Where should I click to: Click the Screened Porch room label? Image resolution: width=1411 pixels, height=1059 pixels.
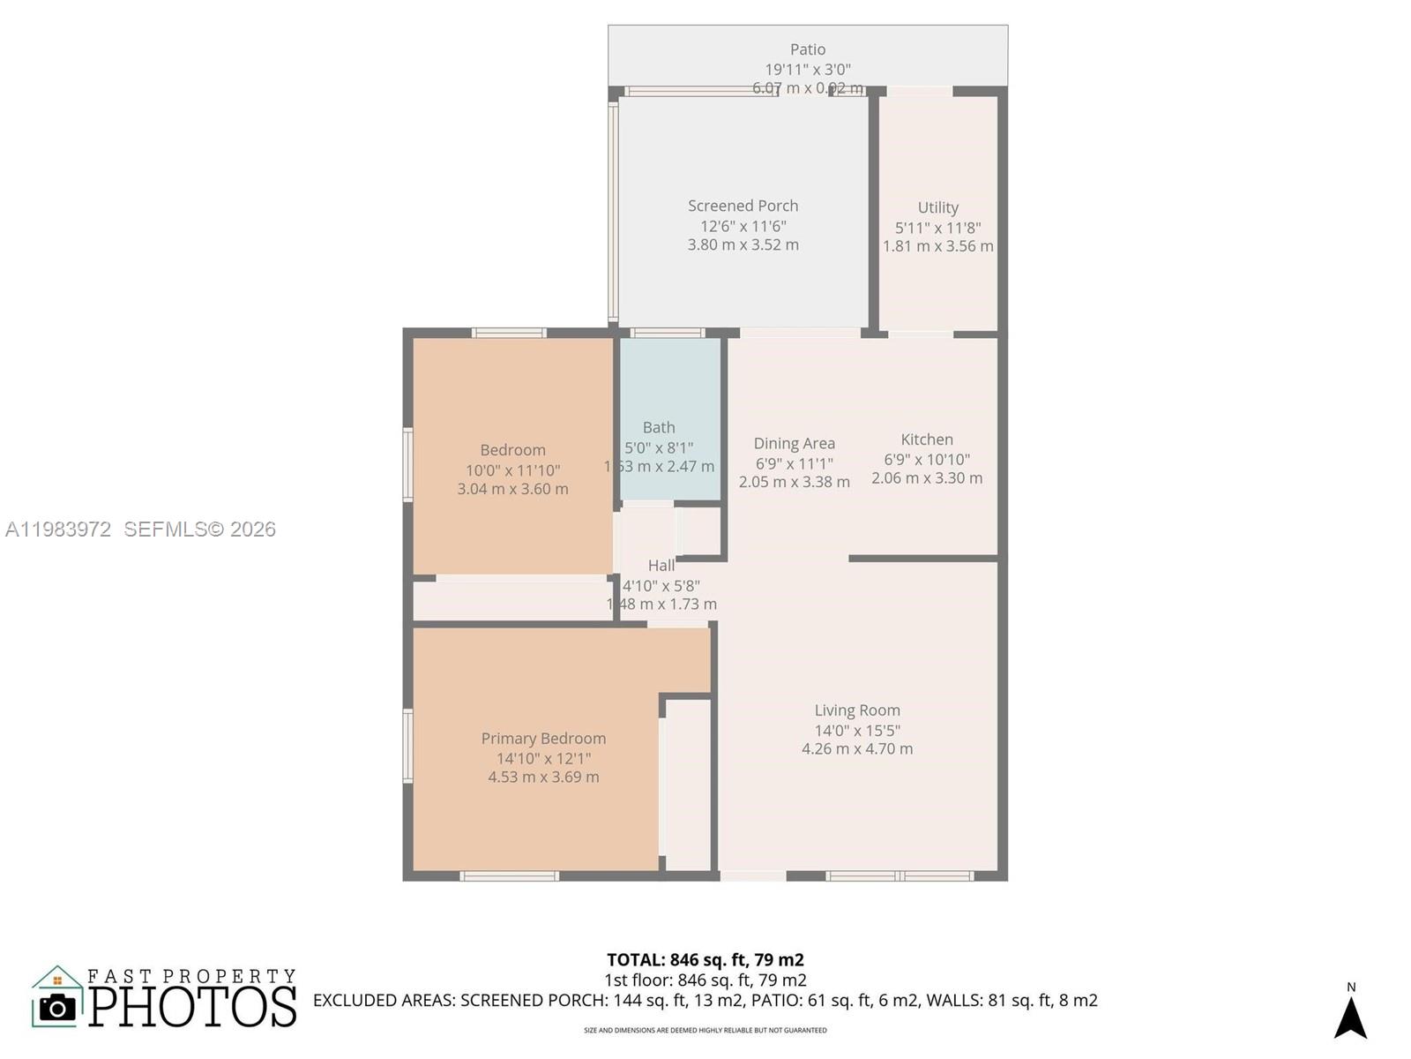tap(743, 206)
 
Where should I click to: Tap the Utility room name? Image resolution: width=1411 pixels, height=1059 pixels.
tap(937, 207)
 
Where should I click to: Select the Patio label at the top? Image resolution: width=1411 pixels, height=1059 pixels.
tap(807, 49)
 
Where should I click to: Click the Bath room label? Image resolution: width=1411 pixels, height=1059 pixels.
tap(659, 427)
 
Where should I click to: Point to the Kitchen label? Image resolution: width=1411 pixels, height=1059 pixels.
tap(926, 439)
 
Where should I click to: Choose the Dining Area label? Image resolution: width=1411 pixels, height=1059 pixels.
tap(794, 443)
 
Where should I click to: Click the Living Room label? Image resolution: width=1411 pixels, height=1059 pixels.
tap(856, 710)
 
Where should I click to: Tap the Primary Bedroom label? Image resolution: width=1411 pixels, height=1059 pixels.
tap(543, 739)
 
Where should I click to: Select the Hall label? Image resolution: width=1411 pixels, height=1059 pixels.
tap(661, 566)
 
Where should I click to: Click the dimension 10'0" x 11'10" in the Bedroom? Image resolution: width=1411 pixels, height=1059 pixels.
tap(512, 470)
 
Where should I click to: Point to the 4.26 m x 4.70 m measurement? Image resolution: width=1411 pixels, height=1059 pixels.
tap(856, 749)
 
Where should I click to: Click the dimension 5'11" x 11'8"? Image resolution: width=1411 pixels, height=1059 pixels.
tap(937, 228)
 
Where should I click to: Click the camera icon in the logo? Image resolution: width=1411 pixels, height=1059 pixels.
tap(57, 1007)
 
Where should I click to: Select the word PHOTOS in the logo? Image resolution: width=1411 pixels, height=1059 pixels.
tap(192, 1007)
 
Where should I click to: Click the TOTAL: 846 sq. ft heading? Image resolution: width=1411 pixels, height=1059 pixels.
tap(705, 959)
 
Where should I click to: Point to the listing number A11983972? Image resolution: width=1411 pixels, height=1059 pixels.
tap(58, 529)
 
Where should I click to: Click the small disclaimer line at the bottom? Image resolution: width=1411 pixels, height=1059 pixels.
tap(705, 1030)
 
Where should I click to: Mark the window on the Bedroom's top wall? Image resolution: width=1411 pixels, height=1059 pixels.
tap(509, 333)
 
